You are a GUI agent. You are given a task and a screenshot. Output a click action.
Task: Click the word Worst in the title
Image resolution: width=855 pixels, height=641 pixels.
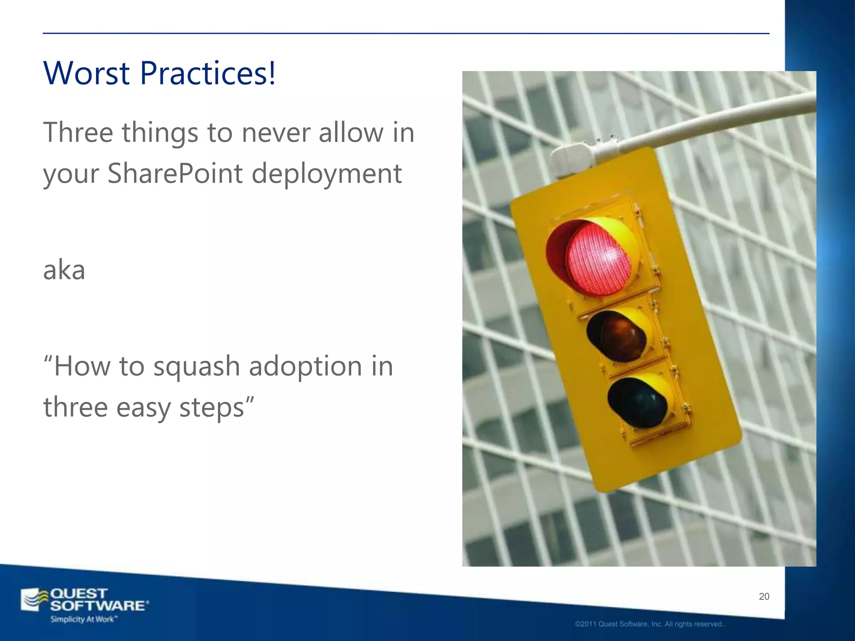click(86, 73)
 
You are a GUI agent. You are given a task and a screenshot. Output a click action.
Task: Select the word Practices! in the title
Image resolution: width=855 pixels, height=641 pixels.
click(207, 73)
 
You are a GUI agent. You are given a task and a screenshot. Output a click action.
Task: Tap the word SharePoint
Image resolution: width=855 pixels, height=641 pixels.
click(175, 173)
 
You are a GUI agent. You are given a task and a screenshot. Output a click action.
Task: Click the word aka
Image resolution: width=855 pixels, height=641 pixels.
click(64, 270)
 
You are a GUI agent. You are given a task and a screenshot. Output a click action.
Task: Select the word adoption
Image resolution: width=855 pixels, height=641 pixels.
click(305, 366)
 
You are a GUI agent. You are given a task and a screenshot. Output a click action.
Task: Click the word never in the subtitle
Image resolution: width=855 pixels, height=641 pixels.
click(276, 132)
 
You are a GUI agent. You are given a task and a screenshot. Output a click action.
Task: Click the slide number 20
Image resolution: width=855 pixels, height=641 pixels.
click(764, 596)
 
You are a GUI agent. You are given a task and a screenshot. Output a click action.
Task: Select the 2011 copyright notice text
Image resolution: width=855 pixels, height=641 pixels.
click(650, 624)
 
